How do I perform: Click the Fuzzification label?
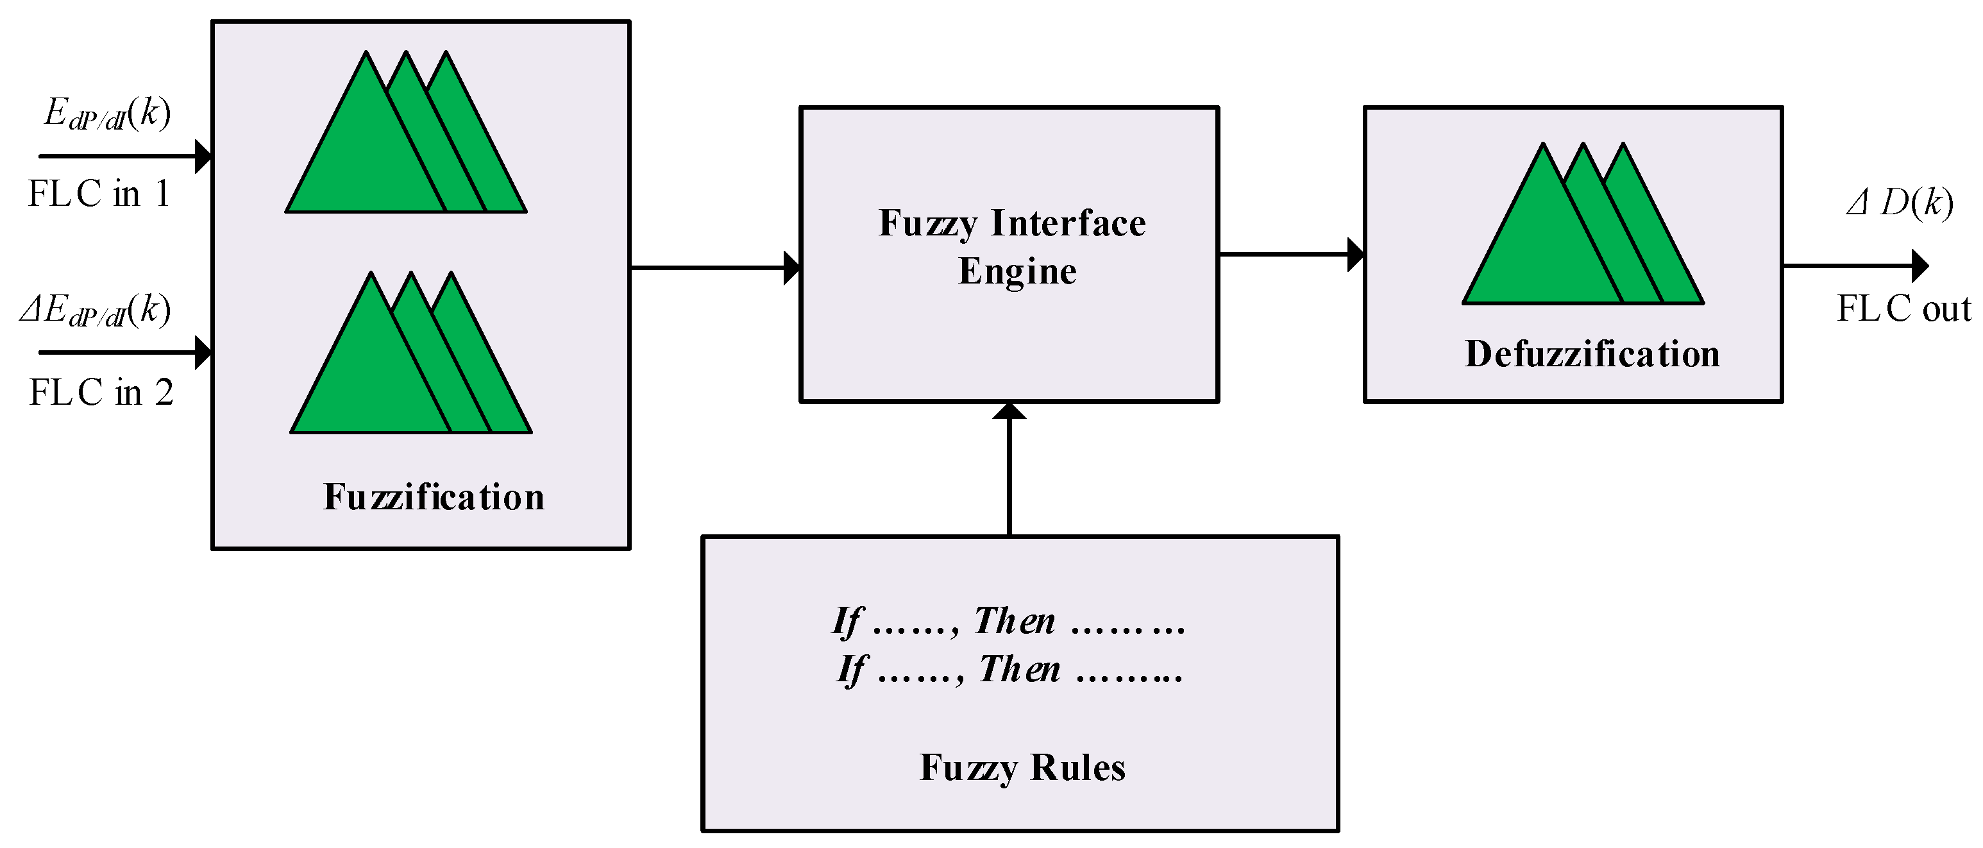pos(434,496)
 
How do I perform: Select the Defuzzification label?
pos(1591,354)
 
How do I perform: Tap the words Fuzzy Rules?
pos(1022,767)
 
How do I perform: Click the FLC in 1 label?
pos(99,193)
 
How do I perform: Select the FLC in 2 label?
pos(101,393)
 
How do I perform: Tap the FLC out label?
pos(1903,309)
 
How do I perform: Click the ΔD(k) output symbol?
pos(1899,203)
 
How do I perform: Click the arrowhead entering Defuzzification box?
pos(1356,254)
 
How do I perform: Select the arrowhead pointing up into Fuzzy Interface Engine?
pos(1008,411)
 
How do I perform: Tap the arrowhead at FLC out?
pos(1920,266)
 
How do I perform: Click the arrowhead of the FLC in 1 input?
pos(204,157)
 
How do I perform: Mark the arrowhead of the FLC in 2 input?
pos(204,353)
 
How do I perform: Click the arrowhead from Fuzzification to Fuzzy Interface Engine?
pos(792,268)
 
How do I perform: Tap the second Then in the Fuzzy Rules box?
pos(1018,668)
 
